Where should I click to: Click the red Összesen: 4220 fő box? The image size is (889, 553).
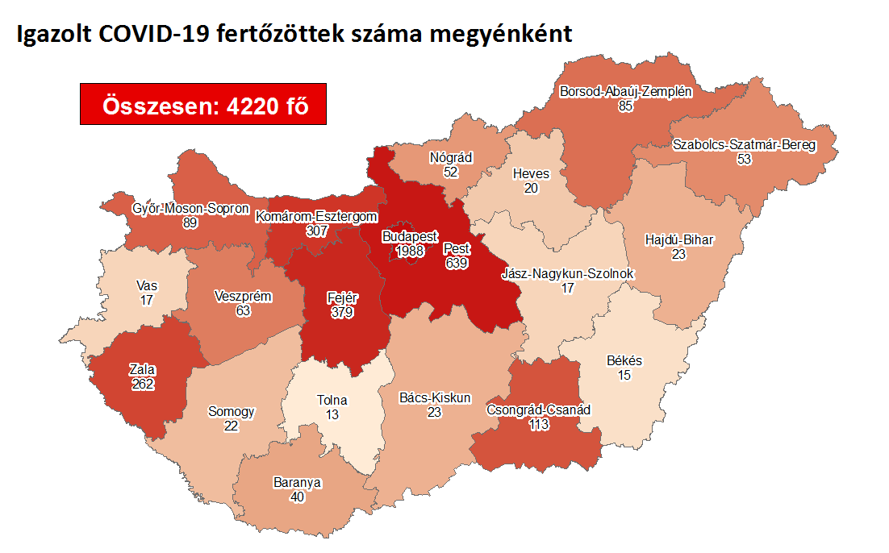pyautogui.click(x=203, y=105)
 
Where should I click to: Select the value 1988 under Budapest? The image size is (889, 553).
pyautogui.click(x=409, y=252)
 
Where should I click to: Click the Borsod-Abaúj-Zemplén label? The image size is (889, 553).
pyautogui.click(x=626, y=92)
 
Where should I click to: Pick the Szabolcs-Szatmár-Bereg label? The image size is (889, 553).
pyautogui.click(x=744, y=146)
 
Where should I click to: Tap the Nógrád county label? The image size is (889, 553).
pyautogui.click(x=451, y=158)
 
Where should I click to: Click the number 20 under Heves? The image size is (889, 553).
pyautogui.click(x=531, y=188)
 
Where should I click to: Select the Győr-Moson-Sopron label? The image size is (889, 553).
pyautogui.click(x=191, y=209)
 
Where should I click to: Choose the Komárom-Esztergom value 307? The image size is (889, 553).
pyautogui.click(x=316, y=231)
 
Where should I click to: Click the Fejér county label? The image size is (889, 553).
pyautogui.click(x=342, y=297)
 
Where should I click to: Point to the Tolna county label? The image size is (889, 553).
pyautogui.click(x=332, y=401)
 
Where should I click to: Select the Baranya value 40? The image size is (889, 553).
pyautogui.click(x=298, y=497)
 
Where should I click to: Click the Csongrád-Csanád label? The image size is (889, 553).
pyautogui.click(x=538, y=410)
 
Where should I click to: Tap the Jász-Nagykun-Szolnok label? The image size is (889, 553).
pyautogui.click(x=568, y=274)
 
